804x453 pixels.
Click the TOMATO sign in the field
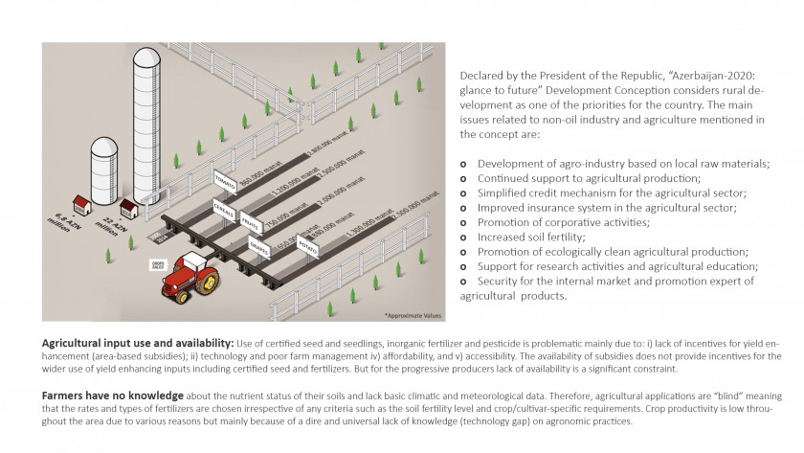(226, 181)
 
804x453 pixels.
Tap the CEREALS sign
(226, 210)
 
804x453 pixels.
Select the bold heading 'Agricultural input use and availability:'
(138, 342)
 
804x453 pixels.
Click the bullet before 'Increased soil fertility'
(464, 237)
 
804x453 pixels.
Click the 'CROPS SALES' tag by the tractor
(158, 263)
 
